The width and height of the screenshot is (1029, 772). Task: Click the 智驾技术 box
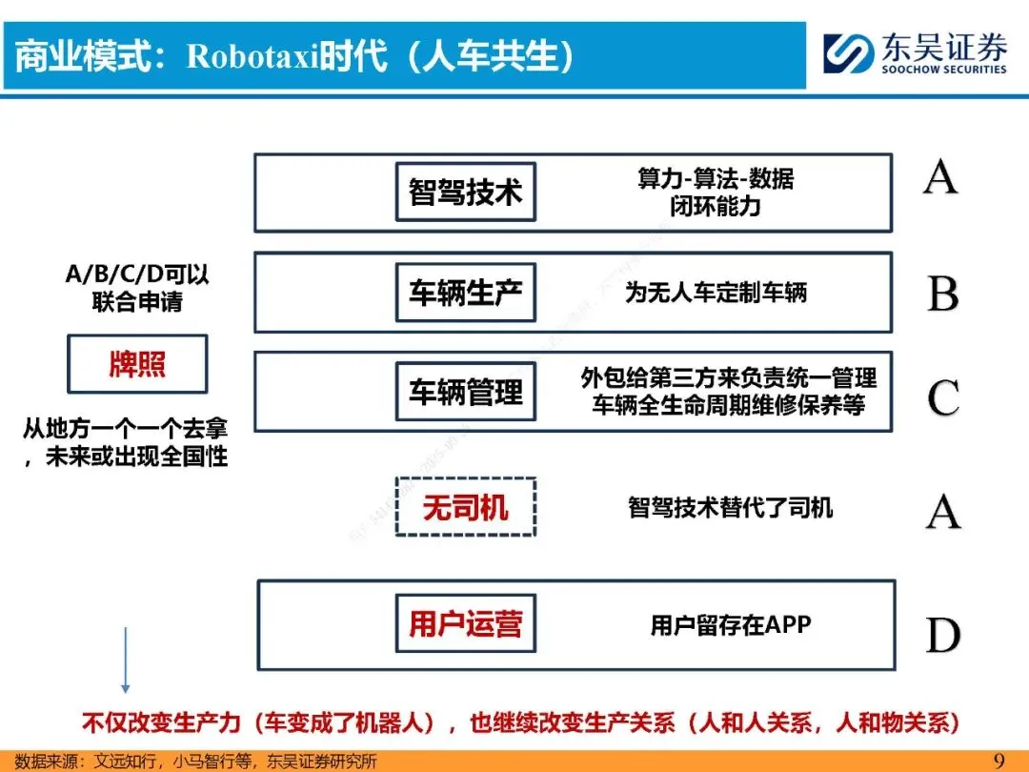tap(465, 192)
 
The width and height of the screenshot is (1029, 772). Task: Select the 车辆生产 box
tap(465, 293)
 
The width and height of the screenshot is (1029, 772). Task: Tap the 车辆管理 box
tap(465, 392)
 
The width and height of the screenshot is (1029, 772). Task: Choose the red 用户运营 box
tap(465, 623)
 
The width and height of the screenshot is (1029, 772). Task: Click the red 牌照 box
tap(137, 363)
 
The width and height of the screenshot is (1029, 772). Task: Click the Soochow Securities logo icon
tap(848, 54)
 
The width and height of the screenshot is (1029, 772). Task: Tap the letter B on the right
tap(942, 294)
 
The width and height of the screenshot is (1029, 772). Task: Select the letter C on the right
tap(942, 397)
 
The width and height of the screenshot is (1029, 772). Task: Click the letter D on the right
tap(942, 635)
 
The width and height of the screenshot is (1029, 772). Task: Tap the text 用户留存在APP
tap(731, 625)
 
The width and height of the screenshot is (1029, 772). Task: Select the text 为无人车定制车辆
tap(716, 293)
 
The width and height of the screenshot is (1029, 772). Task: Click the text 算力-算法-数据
tap(716, 178)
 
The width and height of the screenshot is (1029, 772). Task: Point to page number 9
tap(999, 760)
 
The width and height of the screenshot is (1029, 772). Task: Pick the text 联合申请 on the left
tap(137, 301)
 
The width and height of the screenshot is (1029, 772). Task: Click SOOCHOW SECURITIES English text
tap(943, 70)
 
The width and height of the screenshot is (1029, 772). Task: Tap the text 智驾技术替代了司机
tap(730, 507)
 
